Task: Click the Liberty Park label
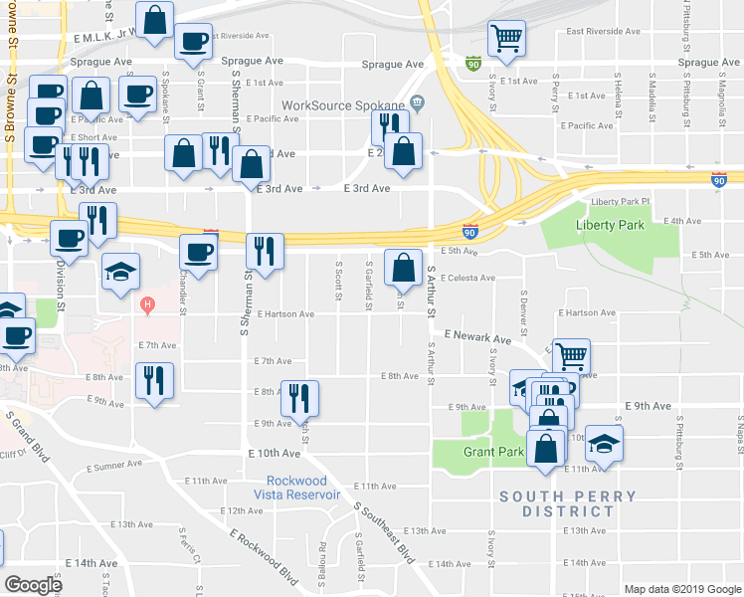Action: (610, 226)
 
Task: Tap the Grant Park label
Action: (493, 452)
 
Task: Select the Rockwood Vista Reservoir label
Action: (296, 488)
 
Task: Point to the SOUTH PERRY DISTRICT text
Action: (556, 503)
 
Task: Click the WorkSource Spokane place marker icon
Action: (418, 102)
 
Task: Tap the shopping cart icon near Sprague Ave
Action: (507, 38)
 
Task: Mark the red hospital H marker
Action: (148, 303)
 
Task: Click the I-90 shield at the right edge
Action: (719, 180)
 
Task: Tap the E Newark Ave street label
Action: (477, 338)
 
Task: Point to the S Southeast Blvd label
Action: (384, 533)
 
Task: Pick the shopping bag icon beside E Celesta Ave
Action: (402, 266)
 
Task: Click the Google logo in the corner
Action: (33, 585)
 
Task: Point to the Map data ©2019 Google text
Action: (681, 589)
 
